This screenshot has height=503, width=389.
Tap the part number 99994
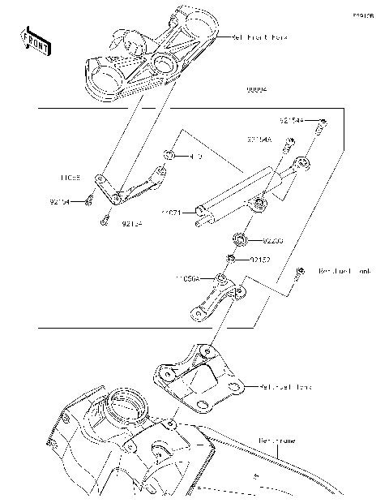[258, 90]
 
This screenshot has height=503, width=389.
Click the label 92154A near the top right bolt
[292, 120]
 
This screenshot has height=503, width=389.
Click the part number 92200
[274, 241]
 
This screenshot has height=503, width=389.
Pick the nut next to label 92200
[241, 239]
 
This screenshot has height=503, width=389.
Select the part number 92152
[259, 260]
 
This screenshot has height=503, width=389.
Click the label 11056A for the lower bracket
[188, 277]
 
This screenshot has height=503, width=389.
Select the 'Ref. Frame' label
[276, 441]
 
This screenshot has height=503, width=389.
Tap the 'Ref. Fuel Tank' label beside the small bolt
[345, 271]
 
